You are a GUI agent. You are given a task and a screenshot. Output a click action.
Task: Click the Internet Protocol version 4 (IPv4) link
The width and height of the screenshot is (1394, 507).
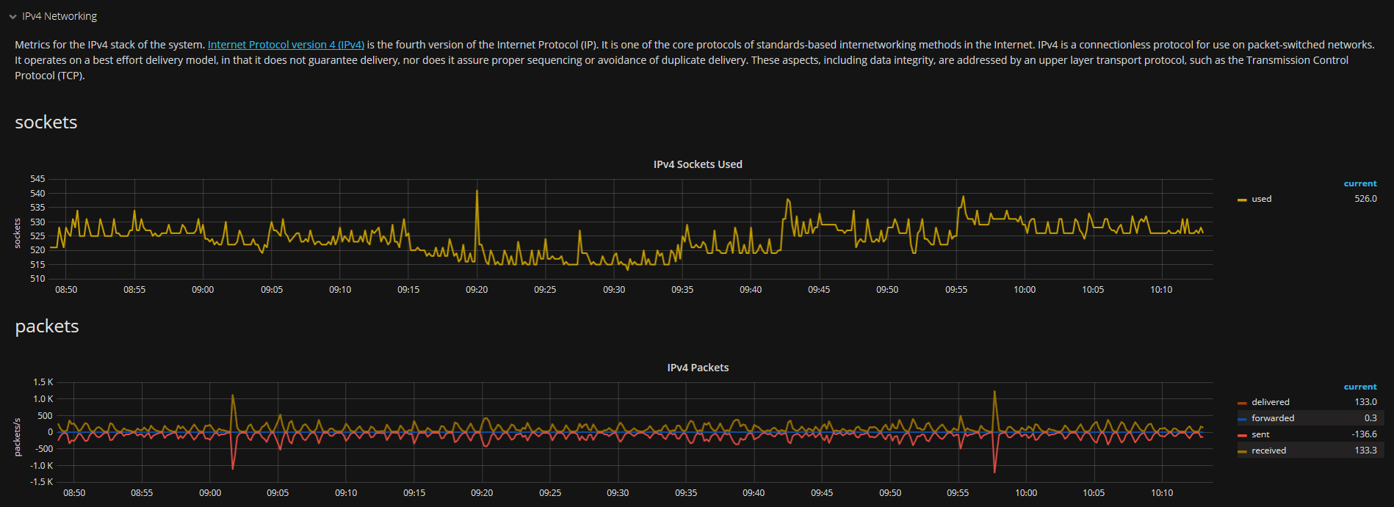[286, 45]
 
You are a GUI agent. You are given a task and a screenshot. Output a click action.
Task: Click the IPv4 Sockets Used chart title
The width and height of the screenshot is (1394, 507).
[698, 164]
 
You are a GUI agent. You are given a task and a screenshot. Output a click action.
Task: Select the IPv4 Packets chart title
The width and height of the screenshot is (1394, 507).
[698, 368]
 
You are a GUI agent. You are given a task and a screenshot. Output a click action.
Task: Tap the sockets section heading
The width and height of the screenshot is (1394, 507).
[46, 123]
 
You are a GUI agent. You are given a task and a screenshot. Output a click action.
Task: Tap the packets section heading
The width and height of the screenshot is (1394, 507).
[47, 327]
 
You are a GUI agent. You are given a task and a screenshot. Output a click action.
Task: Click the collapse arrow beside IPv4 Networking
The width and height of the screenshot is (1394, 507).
[12, 17]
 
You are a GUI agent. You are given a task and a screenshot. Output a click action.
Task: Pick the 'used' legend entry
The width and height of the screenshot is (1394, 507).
[1261, 199]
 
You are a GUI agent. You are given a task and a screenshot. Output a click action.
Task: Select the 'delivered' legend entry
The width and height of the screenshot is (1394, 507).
[1270, 402]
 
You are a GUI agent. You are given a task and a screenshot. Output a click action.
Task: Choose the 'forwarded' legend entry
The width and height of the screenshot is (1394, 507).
[1273, 418]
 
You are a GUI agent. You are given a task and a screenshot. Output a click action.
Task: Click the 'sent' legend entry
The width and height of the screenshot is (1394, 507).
[1260, 434]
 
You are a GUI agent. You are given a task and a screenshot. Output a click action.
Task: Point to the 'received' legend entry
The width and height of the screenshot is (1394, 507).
[1268, 451]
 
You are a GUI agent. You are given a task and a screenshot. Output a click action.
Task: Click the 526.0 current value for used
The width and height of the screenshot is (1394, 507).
[1365, 199]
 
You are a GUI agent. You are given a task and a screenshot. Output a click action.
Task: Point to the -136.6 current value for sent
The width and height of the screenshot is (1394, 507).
[1364, 434]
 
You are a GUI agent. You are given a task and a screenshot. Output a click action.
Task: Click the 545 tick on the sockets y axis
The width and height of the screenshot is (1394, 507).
[37, 179]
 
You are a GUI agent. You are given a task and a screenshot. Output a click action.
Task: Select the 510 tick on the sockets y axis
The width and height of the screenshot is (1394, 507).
[37, 279]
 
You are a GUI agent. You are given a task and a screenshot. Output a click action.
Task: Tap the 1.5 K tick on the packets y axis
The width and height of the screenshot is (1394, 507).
[43, 382]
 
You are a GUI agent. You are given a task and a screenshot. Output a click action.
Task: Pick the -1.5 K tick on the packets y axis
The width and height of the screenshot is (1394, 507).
[42, 482]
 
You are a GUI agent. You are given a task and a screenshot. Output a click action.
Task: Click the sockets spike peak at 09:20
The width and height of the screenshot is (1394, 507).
[477, 192]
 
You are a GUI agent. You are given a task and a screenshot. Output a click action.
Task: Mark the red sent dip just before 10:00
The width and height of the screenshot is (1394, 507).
[994, 471]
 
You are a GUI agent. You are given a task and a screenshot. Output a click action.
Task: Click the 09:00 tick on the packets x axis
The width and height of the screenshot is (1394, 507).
[210, 493]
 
